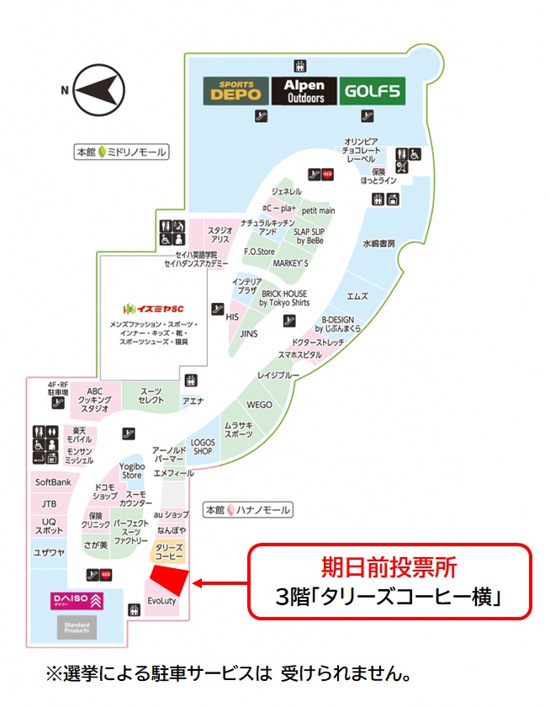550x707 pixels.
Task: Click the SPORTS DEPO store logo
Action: tap(236, 91)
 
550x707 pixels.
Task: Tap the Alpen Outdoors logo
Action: tap(304, 91)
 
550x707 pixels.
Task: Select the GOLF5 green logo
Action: tap(371, 91)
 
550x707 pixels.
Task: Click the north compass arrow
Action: tap(98, 89)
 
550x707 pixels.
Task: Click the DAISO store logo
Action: tap(77, 601)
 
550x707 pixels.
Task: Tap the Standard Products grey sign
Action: tap(77, 627)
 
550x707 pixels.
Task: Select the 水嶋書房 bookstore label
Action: tap(378, 243)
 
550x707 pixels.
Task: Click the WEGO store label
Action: tap(259, 405)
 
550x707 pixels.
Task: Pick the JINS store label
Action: tap(248, 333)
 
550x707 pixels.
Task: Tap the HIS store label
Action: tap(233, 316)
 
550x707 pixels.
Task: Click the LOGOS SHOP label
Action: tap(203, 446)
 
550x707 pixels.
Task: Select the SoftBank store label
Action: tap(52, 482)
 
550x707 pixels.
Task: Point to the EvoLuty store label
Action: tap(161, 602)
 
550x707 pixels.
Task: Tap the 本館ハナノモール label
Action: tap(248, 510)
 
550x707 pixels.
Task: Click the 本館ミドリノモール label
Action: tap(120, 152)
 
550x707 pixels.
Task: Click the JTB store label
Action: tap(49, 503)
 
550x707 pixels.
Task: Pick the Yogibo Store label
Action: tap(131, 470)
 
